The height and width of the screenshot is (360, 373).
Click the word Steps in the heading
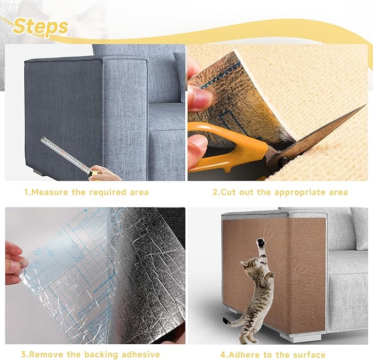pos(41,26)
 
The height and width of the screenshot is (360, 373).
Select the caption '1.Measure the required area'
pos(86,193)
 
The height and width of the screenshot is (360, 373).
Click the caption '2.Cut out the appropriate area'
pos(280,193)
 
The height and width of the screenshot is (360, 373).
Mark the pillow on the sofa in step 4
pos(360,228)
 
